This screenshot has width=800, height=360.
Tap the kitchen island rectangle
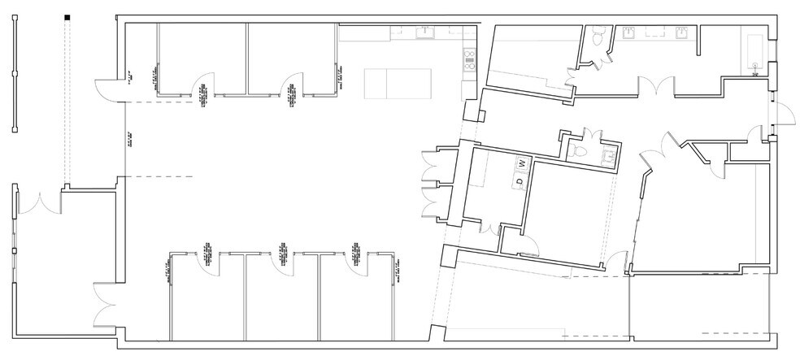click(399, 83)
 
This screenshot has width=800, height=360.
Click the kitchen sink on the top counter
click(424, 33)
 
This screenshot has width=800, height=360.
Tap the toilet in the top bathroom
click(599, 37)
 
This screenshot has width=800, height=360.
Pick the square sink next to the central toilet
click(607, 158)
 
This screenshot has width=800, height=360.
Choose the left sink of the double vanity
click(630, 33)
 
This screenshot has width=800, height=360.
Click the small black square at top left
click(68, 17)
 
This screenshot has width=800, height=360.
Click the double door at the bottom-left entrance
click(106, 305)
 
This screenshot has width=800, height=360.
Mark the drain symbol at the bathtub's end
click(756, 66)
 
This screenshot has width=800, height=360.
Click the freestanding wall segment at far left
click(15, 73)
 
